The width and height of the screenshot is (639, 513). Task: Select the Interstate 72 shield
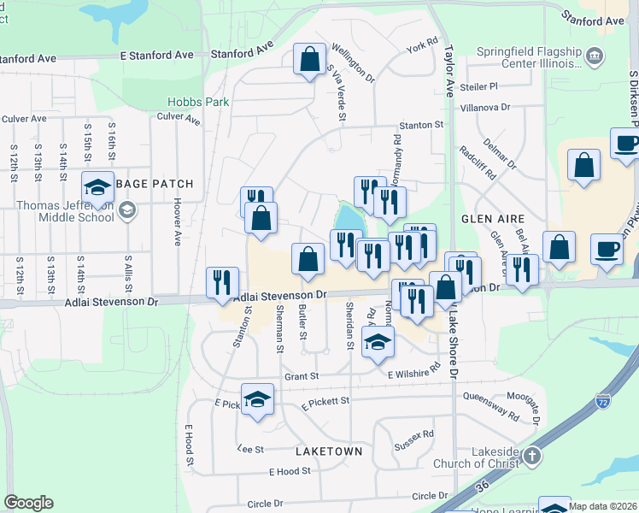click(604, 400)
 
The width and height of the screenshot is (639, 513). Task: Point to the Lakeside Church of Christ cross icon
click(532, 456)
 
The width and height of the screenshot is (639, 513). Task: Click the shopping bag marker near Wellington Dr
click(309, 60)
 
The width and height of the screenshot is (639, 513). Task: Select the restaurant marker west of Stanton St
click(222, 283)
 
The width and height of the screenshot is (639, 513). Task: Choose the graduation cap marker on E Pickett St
click(257, 399)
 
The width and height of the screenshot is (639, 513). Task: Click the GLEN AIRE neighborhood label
click(486, 219)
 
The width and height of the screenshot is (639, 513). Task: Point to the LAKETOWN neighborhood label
click(329, 451)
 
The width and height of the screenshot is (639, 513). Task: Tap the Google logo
click(28, 503)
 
